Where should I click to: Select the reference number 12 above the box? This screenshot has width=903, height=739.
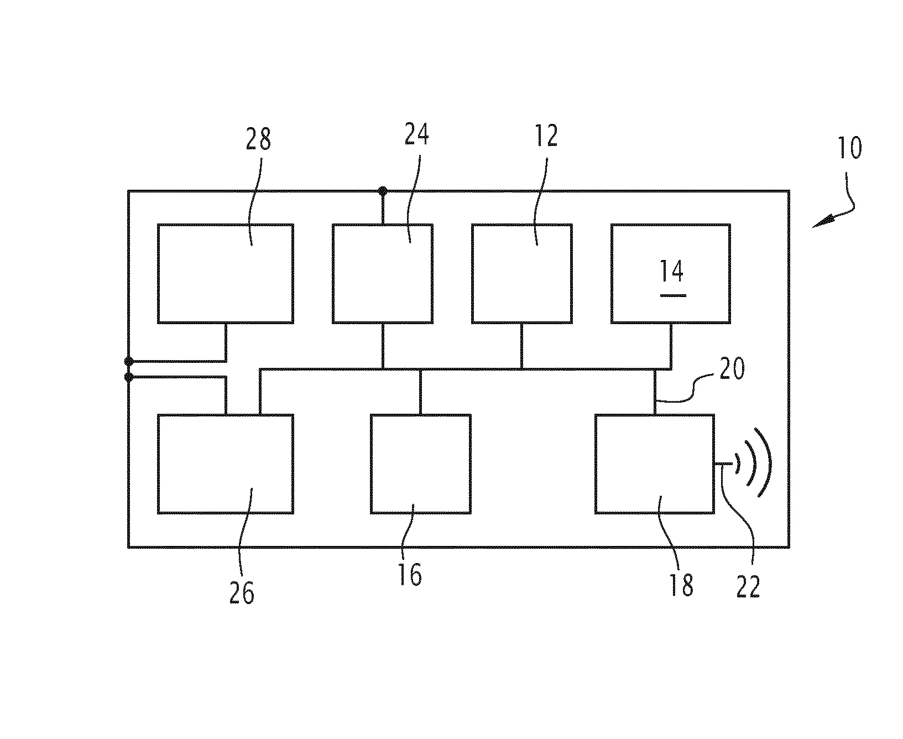545,136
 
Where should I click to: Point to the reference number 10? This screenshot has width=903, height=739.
850,148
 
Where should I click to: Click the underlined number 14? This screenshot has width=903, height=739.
672,273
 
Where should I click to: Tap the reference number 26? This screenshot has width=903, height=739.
242,593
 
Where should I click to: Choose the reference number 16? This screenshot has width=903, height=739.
410,575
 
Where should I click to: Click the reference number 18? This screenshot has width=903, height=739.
681,585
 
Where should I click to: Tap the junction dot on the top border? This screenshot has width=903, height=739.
382,191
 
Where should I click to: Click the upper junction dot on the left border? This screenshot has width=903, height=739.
129,361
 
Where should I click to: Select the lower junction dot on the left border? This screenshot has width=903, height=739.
129,377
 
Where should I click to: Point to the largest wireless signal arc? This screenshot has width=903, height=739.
764,462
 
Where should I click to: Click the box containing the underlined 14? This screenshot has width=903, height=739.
670,274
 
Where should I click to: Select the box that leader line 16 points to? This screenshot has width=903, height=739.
420,464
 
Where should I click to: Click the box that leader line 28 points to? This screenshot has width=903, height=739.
225,274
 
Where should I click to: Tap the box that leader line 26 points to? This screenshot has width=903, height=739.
225,464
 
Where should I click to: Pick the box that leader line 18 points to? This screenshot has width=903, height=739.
654,464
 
